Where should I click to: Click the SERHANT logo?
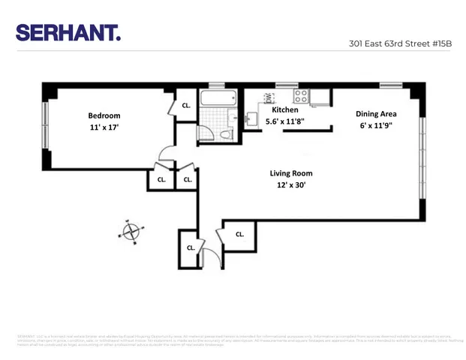click(x=68, y=32)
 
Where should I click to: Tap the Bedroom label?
click(x=104, y=115)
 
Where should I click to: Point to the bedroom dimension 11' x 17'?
click(x=104, y=127)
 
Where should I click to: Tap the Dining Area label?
click(x=376, y=114)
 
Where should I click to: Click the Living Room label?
click(x=290, y=173)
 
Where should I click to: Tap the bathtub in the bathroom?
click(x=218, y=99)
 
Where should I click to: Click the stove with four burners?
click(x=301, y=95)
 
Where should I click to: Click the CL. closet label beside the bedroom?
click(x=186, y=106)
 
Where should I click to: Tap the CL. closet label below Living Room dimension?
click(x=239, y=234)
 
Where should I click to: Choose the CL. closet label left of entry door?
click(x=191, y=247)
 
